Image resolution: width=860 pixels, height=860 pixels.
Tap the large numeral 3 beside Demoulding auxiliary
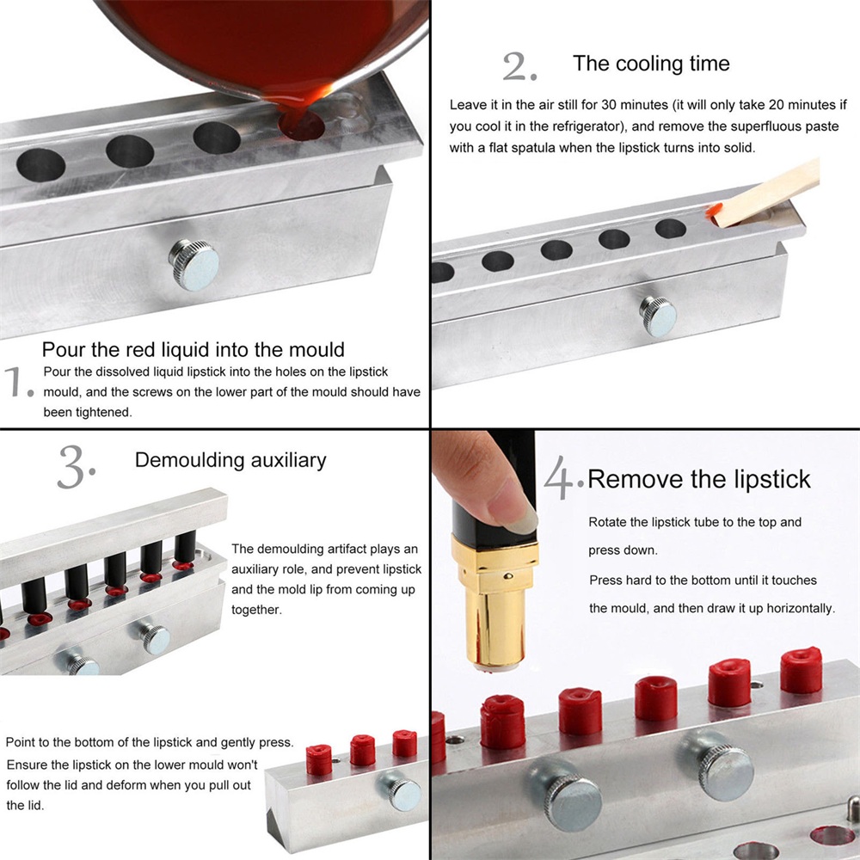pyautogui.click(x=72, y=467)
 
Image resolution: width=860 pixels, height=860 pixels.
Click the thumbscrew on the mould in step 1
pyautogui.click(x=194, y=265)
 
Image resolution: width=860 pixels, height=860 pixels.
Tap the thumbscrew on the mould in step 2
pyautogui.click(x=658, y=316)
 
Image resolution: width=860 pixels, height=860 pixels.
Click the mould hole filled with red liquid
pyautogui.click(x=301, y=125)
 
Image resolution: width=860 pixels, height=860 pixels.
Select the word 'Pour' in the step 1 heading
pyautogui.click(x=60, y=349)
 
